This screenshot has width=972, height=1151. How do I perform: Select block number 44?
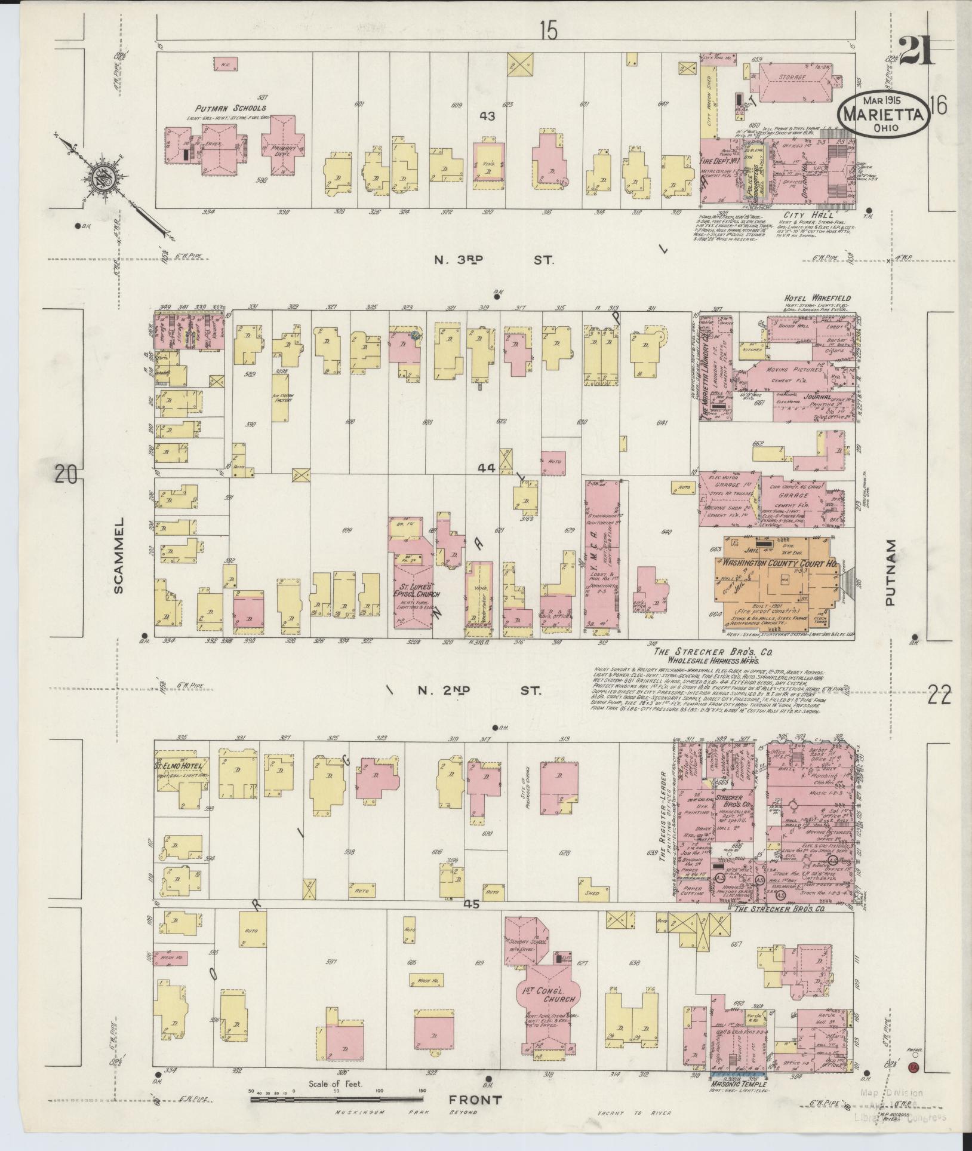pos(487,469)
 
